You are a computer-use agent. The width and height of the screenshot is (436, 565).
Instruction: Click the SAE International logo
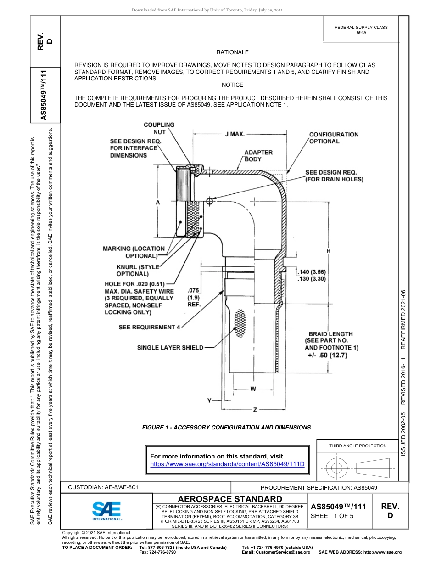click(x=106, y=510)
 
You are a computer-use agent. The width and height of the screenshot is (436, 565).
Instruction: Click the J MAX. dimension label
click(x=234, y=134)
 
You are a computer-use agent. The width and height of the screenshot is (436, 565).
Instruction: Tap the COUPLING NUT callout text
click(x=159, y=128)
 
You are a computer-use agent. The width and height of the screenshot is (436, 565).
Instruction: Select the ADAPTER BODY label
click(x=258, y=156)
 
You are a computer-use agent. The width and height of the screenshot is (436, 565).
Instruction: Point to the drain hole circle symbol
click(x=210, y=201)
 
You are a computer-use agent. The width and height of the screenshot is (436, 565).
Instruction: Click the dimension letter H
click(x=328, y=251)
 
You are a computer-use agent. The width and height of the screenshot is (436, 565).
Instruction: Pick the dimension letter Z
click(x=255, y=409)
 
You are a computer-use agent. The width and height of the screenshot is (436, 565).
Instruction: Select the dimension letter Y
click(x=210, y=401)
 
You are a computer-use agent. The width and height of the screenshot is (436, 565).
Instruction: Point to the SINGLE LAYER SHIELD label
click(x=170, y=348)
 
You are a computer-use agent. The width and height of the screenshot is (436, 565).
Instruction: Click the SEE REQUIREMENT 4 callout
click(x=149, y=327)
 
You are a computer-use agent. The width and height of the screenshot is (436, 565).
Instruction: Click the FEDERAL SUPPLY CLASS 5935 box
click(x=361, y=30)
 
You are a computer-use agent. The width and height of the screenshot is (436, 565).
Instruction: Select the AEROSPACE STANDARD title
click(x=229, y=499)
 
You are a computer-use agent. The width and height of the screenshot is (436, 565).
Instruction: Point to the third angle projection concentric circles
click(x=337, y=467)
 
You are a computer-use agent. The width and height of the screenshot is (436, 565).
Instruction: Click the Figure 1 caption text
click(x=226, y=428)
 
